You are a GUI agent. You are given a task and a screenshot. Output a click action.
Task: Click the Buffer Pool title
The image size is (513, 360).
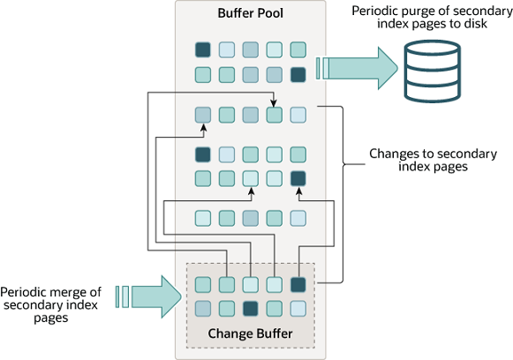251,15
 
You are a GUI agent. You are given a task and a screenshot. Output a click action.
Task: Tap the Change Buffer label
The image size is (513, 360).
251,334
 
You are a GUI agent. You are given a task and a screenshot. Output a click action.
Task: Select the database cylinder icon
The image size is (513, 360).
434,71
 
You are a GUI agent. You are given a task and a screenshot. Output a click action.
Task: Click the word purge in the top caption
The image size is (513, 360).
428,11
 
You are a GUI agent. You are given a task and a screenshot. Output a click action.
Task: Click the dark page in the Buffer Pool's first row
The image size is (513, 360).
203,50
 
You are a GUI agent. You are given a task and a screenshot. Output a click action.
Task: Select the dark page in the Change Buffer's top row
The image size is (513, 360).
298,284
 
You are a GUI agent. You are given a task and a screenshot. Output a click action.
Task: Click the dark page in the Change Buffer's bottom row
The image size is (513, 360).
251,308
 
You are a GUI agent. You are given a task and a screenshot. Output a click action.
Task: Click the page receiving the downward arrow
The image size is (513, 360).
275,114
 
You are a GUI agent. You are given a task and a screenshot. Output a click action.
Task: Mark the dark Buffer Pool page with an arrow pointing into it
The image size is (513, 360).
298,178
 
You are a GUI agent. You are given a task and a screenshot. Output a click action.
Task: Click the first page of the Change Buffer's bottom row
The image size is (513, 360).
203,308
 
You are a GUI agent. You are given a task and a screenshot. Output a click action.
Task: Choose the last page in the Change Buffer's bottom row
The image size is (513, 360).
298,308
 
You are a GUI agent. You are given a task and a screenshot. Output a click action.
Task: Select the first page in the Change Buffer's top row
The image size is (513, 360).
203,284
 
